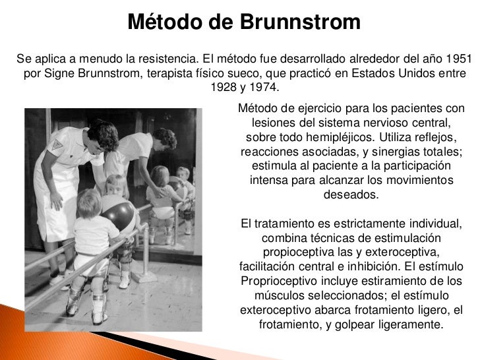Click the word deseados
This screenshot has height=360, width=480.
[x=351, y=195]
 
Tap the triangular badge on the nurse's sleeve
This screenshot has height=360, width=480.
[x=57, y=143]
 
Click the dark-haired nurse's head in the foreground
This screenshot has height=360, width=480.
[x=103, y=134]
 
